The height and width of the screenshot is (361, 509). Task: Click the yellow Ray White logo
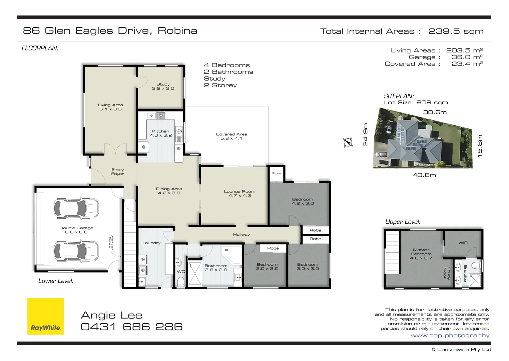tap(45, 316)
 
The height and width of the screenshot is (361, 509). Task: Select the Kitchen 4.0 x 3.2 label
tap(160, 133)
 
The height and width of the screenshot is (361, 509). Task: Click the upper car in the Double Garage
tap(76, 208)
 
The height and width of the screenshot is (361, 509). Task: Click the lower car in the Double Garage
tap(76, 251)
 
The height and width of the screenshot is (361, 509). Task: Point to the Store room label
tap(276, 173)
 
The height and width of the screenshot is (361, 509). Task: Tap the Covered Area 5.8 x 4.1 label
tap(231, 136)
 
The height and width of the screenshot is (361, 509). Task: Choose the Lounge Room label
tap(239, 193)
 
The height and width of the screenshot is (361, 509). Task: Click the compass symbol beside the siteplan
tap(348, 142)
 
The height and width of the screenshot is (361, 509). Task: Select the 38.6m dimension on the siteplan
tap(435, 112)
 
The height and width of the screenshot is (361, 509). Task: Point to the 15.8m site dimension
tap(480, 146)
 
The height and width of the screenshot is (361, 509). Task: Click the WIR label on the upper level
tap(463, 243)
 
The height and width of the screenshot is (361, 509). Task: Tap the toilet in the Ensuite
tap(476, 266)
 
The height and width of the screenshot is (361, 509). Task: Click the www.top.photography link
tap(450, 336)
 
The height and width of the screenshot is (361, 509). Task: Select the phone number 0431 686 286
tap(132, 327)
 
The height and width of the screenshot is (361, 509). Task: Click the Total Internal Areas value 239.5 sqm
tap(456, 31)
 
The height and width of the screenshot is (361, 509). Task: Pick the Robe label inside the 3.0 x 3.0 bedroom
tap(273, 248)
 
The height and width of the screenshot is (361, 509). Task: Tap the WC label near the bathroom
tap(181, 271)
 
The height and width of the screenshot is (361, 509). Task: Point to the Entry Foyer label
tap(117, 172)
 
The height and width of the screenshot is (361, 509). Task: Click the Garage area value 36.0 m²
tap(467, 57)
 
